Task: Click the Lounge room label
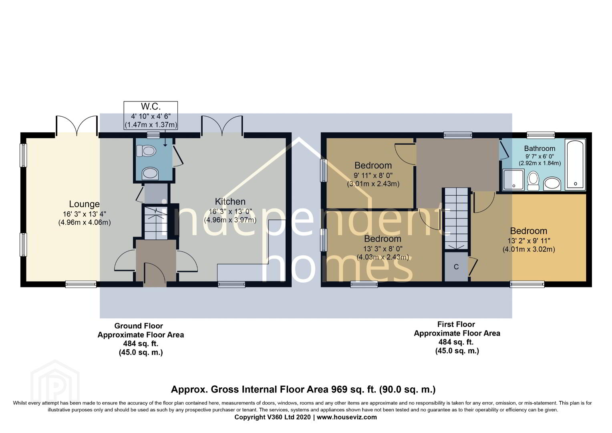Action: (84, 204)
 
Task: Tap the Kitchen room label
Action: (230, 202)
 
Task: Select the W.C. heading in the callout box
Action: (151, 106)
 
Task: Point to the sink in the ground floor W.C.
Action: (150, 174)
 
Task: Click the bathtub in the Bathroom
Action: (575, 164)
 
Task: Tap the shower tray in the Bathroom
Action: (513, 180)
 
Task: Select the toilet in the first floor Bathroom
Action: (533, 181)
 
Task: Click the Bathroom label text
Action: (540, 148)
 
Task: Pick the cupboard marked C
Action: (456, 267)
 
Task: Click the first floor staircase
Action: (456, 219)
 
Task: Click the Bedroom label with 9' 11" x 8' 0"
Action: (373, 166)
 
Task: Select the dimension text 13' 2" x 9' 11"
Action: (529, 241)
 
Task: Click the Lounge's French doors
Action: (77, 125)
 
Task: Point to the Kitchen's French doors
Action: (222, 125)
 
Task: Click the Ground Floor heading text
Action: (139, 326)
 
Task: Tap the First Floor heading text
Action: (456, 324)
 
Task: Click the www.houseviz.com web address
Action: (347, 417)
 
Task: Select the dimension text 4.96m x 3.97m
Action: (230, 220)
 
